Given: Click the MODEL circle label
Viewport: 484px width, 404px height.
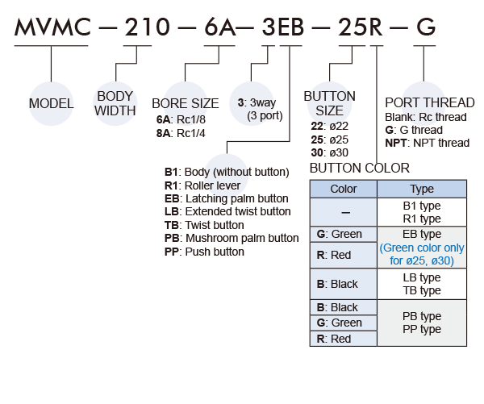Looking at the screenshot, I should tap(51, 103).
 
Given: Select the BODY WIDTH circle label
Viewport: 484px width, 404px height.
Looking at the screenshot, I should tap(115, 103).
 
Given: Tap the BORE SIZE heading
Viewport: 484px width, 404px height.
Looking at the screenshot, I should tap(185, 104).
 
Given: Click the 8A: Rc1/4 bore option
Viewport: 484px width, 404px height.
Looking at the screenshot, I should tap(181, 132).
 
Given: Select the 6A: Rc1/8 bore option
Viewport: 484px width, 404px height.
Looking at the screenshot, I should tap(181, 119).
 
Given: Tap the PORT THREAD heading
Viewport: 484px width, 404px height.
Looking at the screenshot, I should tap(430, 103).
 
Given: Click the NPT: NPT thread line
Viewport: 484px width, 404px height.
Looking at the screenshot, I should tap(427, 143).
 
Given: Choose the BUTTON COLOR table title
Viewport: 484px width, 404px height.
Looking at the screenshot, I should tap(360, 168).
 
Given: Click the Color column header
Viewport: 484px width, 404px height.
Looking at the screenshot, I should tap(344, 189).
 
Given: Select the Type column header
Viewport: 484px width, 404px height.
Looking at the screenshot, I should tap(422, 189).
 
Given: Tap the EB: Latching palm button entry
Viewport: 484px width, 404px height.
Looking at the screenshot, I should tap(225, 198).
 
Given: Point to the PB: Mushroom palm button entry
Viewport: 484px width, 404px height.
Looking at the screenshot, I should tap(231, 238).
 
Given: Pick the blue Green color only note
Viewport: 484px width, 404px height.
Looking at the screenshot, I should tap(422, 254).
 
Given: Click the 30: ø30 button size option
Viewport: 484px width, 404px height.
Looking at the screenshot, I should tap(328, 152).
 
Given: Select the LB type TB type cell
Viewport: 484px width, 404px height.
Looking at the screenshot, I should tap(422, 284).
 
